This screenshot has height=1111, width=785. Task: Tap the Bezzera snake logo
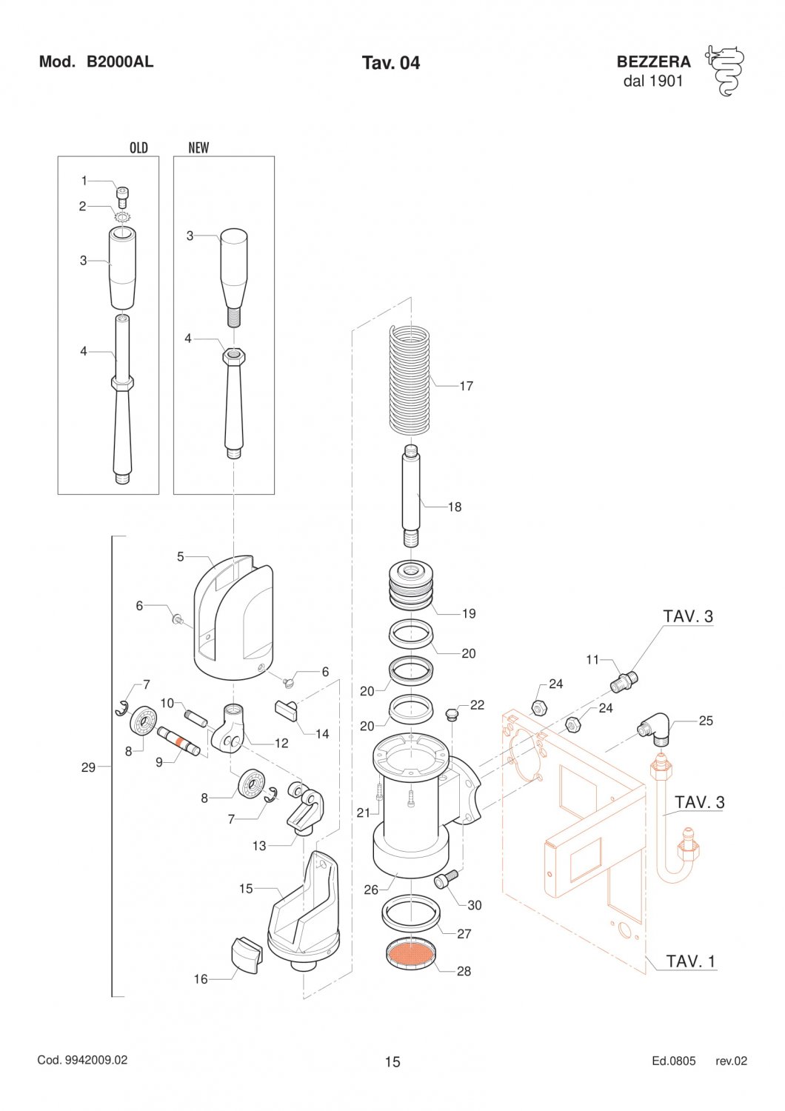pos(724,71)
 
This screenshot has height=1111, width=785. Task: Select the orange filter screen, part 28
pos(411,952)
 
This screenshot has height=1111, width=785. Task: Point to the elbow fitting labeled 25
pos(653,728)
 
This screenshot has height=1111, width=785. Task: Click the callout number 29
pos(88,767)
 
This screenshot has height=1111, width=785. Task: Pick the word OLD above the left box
pos(138,147)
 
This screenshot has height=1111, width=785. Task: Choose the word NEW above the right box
pos(198,147)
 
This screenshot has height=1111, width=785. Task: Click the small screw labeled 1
pos(121,197)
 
